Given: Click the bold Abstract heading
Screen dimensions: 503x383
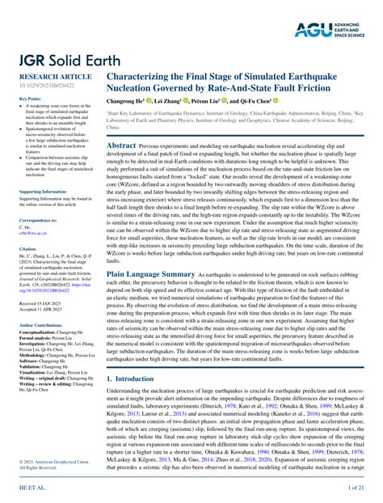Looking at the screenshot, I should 122,146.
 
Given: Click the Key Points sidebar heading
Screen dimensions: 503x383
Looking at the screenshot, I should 30,99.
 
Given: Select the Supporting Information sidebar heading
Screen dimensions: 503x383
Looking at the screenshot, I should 42,192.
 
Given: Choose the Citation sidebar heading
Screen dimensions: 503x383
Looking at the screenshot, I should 27,249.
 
